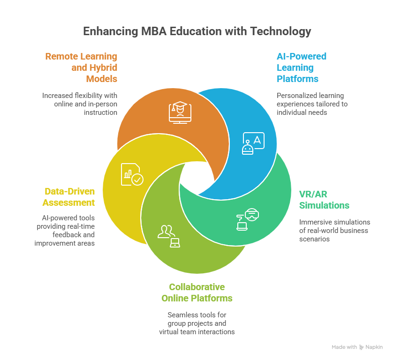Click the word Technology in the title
coord(280,31)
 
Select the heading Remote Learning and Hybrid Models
coord(81,67)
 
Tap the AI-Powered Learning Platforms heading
coord(301,67)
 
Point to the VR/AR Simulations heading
coord(324,200)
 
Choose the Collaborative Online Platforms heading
coord(197,292)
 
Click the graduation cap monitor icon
coord(181,112)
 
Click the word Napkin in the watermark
coord(375,347)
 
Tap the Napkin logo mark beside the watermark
coord(362,347)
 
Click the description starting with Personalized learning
coord(312,104)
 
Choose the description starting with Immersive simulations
coord(335,230)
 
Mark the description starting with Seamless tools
coord(197,323)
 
